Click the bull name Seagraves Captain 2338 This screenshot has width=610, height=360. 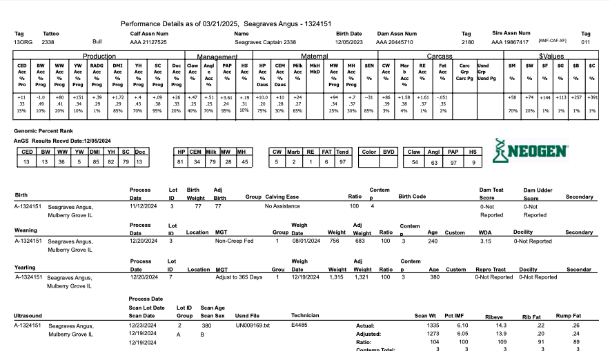point(265,42)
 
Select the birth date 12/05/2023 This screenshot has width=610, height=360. point(349,42)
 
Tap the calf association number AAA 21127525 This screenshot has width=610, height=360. point(148,42)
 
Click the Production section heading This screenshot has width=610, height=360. point(99,55)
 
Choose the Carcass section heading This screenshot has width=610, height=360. point(439,55)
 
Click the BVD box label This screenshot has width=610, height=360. point(389,151)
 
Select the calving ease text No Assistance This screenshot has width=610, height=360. point(282,206)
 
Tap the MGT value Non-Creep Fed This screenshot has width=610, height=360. point(234,241)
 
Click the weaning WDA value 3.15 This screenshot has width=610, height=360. point(485,241)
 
